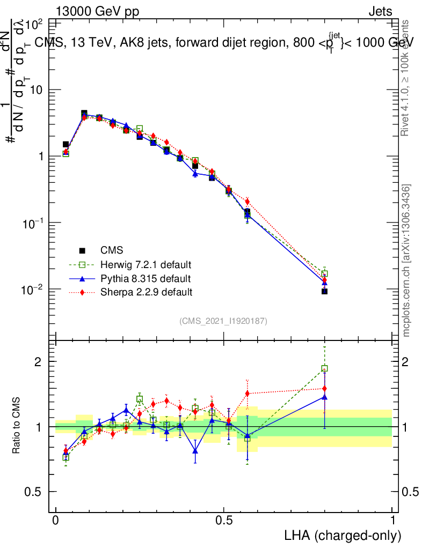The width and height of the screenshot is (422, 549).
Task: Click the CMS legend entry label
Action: (112, 250)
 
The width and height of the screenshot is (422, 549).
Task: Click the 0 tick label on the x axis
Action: (56, 521)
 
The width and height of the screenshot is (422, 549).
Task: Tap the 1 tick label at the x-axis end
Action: (392, 521)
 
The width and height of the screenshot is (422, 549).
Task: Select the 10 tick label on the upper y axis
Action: (36, 90)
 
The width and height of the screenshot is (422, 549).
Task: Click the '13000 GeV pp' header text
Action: (96, 12)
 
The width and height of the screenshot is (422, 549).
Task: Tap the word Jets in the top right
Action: (380, 12)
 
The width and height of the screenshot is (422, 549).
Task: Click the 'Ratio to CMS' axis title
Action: (17, 426)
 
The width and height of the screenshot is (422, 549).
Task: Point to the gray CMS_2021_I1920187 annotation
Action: (223, 321)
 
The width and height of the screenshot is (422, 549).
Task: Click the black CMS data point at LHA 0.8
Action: (324, 291)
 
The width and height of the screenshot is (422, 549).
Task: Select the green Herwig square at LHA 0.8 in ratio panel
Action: (324, 368)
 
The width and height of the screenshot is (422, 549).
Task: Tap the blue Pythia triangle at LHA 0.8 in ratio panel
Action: (324, 397)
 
